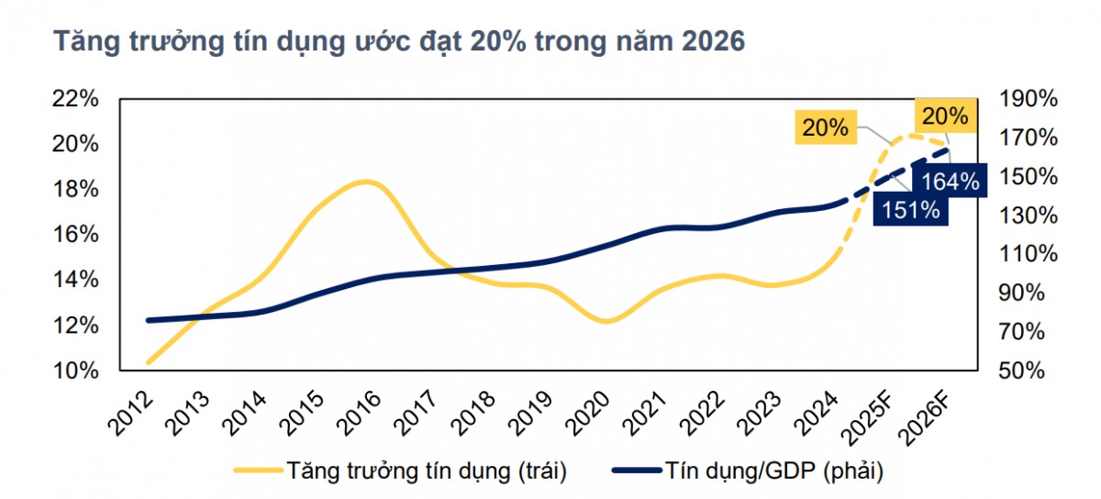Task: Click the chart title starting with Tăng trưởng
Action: pyautogui.click(x=399, y=42)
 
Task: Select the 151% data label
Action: pyautogui.click(x=911, y=210)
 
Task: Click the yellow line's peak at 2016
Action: pyautogui.click(x=365, y=182)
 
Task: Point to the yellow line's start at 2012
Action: pyautogui.click(x=149, y=362)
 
